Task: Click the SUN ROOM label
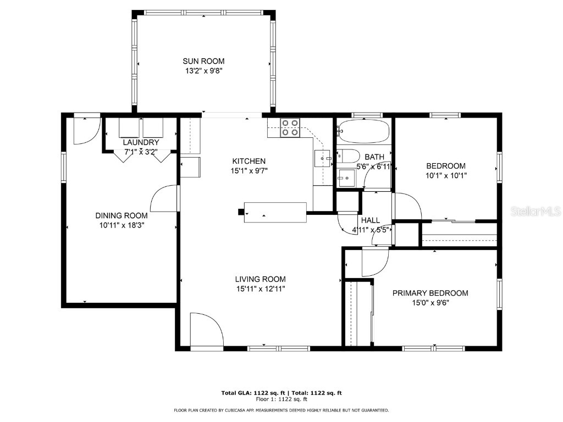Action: pyautogui.click(x=203, y=61)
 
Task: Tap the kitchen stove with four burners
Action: pyautogui.click(x=290, y=127)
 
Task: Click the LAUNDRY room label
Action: pyautogui.click(x=141, y=142)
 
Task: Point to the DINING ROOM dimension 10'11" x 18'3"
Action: pyautogui.click(x=121, y=225)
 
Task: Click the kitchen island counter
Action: pyautogui.click(x=275, y=212)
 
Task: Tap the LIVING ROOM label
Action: pyautogui.click(x=261, y=279)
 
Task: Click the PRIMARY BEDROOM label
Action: pyautogui.click(x=430, y=293)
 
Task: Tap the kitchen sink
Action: pyautogui.click(x=323, y=158)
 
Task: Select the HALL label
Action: pyautogui.click(x=370, y=220)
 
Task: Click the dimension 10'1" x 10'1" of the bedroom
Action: pyautogui.click(x=446, y=176)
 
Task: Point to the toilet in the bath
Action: pyautogui.click(x=348, y=156)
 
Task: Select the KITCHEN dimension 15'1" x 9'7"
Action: pyautogui.click(x=249, y=170)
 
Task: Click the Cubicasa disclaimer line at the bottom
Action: pyautogui.click(x=281, y=410)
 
